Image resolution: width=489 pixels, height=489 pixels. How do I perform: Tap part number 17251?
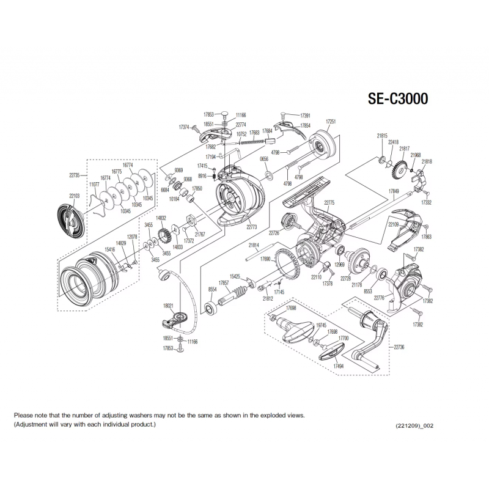331,122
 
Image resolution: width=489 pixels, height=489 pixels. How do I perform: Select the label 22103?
75,196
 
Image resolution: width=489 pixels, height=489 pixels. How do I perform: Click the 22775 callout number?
329,202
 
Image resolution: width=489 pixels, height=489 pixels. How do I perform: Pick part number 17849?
395,191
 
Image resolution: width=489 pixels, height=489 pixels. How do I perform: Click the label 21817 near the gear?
405,149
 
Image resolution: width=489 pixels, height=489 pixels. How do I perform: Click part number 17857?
224,283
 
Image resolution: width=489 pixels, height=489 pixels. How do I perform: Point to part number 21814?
254,246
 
